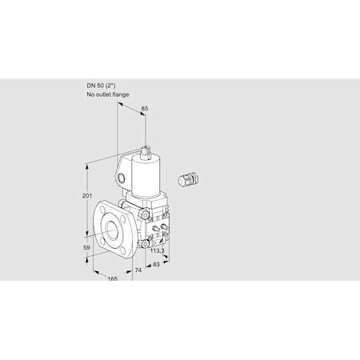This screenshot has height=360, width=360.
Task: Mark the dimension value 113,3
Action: (x=158, y=251)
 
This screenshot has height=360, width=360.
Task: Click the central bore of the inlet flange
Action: (x=110, y=229)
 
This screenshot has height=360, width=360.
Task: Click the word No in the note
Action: (x=90, y=94)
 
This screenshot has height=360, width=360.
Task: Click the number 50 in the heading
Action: (x=102, y=86)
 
